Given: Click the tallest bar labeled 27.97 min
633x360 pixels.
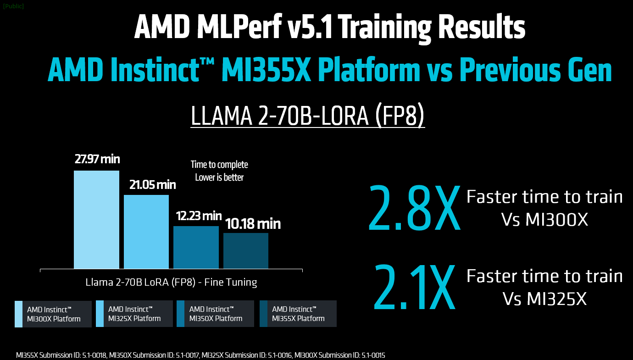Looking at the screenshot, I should [96, 219].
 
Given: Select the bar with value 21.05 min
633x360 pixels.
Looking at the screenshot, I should [146, 232].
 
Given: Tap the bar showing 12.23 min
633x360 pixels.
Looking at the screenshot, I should [196, 247].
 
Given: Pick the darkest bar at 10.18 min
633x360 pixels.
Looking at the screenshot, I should [246, 250].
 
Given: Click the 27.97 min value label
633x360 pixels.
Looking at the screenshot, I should [97, 159].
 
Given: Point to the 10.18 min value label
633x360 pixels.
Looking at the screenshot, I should [253, 224].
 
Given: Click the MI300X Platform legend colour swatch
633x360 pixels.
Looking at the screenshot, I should [18, 314].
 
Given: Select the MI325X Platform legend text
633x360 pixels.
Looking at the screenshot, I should [134, 314].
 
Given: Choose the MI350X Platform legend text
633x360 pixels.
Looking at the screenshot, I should [216, 314].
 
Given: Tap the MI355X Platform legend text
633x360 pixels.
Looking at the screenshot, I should [298, 314].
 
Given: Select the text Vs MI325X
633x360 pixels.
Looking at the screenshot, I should [544, 299].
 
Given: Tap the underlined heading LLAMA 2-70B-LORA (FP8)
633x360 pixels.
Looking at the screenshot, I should [307, 117].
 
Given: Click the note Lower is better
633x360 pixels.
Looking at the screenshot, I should [219, 177].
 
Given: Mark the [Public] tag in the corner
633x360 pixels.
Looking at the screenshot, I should [13, 6].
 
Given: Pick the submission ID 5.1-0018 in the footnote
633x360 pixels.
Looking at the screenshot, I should [94, 355].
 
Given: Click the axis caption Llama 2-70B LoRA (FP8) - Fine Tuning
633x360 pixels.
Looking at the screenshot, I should [171, 282].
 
